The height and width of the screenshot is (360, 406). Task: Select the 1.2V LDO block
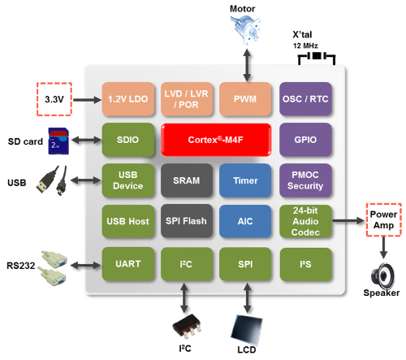pos(126,98)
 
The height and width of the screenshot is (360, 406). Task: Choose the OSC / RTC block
pos(304,98)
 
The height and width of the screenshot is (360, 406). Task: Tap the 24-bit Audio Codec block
pos(304,219)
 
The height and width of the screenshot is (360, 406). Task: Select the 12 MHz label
pos(307,46)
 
